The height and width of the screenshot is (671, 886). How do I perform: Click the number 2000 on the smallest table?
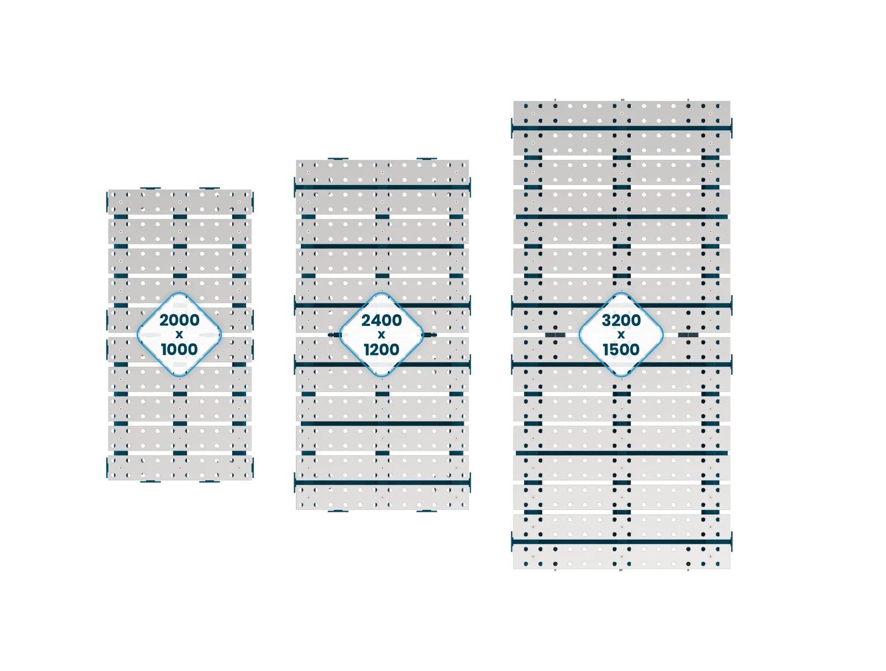(179, 320)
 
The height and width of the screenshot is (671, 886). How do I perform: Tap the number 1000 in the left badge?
(179, 349)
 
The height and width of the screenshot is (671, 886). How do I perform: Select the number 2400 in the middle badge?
(381, 320)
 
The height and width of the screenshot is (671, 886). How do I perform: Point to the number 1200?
(381, 349)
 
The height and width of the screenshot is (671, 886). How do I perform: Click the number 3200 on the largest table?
(621, 320)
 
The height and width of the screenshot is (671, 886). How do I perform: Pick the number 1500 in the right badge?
(621, 349)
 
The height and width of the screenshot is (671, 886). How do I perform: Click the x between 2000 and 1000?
(179, 335)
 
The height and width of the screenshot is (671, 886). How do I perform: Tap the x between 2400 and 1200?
(381, 335)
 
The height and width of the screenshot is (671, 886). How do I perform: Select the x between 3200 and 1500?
(621, 335)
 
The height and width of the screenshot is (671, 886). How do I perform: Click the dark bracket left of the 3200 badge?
(555, 335)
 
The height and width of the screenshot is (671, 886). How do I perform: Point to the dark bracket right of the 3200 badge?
(688, 335)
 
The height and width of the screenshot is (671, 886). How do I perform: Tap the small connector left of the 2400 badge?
(334, 335)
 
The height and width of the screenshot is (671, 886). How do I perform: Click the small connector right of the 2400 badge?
(430, 335)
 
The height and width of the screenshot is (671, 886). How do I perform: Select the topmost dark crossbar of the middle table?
(382, 187)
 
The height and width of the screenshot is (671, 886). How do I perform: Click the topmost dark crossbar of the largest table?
(621, 128)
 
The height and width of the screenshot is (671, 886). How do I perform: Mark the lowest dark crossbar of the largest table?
(621, 541)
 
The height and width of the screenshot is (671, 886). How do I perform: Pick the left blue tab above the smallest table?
(150, 188)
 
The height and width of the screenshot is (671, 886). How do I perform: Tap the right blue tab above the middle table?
(427, 159)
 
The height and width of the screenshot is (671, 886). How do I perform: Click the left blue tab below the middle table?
(338, 511)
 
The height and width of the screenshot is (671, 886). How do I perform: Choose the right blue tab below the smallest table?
(210, 481)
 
